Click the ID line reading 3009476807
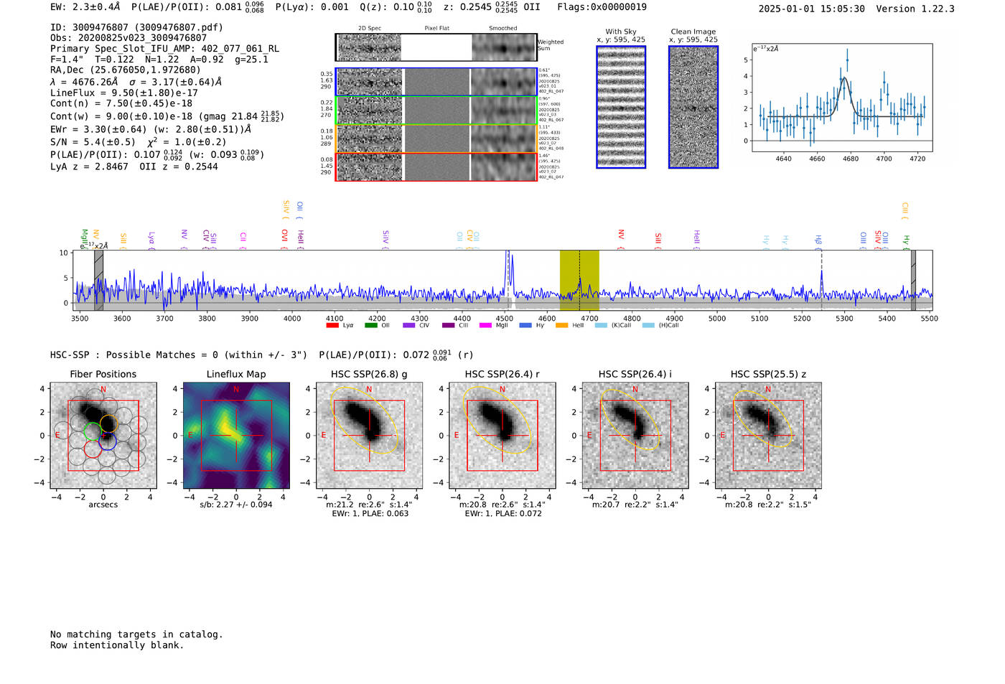(x=136, y=27)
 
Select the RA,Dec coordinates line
(x=126, y=70)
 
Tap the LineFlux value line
(x=123, y=93)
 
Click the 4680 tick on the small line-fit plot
(x=850, y=159)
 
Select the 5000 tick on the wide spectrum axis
(x=717, y=318)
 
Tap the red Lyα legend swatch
(x=332, y=325)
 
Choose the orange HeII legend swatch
(x=561, y=325)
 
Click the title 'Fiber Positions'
(x=103, y=374)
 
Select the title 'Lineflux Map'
(x=236, y=374)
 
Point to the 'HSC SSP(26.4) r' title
(x=502, y=374)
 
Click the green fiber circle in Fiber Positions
(x=93, y=431)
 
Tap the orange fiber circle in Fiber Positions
(x=108, y=423)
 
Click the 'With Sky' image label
(x=620, y=32)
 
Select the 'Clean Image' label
(x=693, y=32)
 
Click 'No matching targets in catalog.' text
(x=136, y=634)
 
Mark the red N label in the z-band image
(x=768, y=389)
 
